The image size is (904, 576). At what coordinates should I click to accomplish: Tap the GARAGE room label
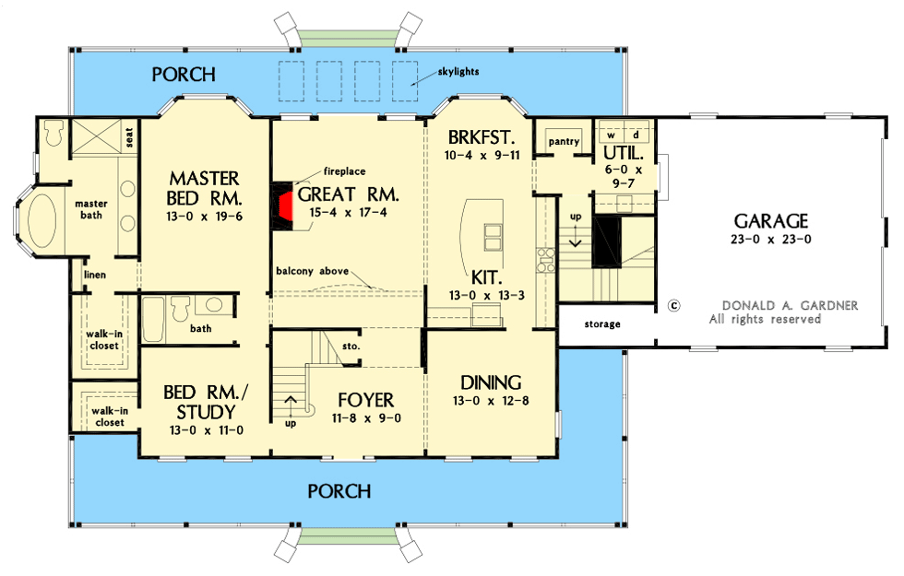(770, 221)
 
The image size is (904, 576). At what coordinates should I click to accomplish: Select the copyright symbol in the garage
(673, 305)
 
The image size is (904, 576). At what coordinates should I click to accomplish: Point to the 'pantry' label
(563, 141)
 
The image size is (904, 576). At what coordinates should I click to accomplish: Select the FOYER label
(365, 400)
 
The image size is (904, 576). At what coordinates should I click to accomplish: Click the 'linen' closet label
(95, 276)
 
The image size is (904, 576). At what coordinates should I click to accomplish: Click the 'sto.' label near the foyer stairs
(350, 347)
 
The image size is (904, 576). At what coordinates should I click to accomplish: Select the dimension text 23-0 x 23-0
(771, 240)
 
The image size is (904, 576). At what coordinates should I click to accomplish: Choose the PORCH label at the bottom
(339, 491)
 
